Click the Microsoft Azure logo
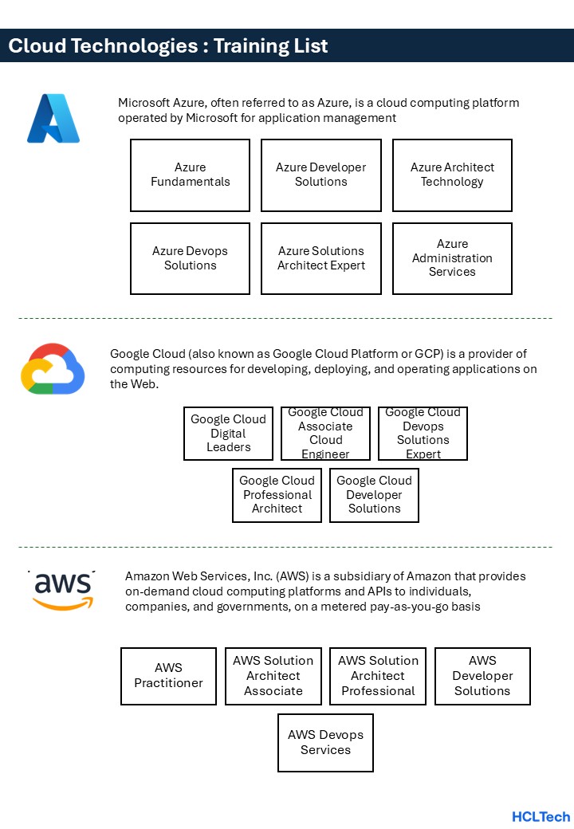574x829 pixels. tap(53, 119)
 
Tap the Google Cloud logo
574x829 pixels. tap(53, 369)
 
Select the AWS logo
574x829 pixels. tap(62, 591)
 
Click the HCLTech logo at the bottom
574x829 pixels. tap(541, 816)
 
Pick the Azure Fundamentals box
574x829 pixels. tap(190, 175)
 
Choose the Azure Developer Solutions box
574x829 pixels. tap(320, 175)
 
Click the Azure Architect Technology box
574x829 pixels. tap(452, 175)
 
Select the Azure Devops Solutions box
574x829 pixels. tap(190, 258)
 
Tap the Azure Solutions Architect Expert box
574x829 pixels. tap(320, 258)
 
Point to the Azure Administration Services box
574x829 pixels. tap(452, 258)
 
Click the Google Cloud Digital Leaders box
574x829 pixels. tap(228, 434)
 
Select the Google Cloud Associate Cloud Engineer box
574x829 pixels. tap(325, 434)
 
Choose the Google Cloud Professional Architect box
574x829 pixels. tap(277, 495)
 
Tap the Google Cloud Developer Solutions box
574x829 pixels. tap(374, 495)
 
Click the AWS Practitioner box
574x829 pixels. tap(168, 676)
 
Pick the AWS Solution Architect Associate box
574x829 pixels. tap(273, 676)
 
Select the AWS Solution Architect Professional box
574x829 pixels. tap(378, 676)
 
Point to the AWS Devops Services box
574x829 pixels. tap(325, 743)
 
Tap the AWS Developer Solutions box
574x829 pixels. tap(482, 676)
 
